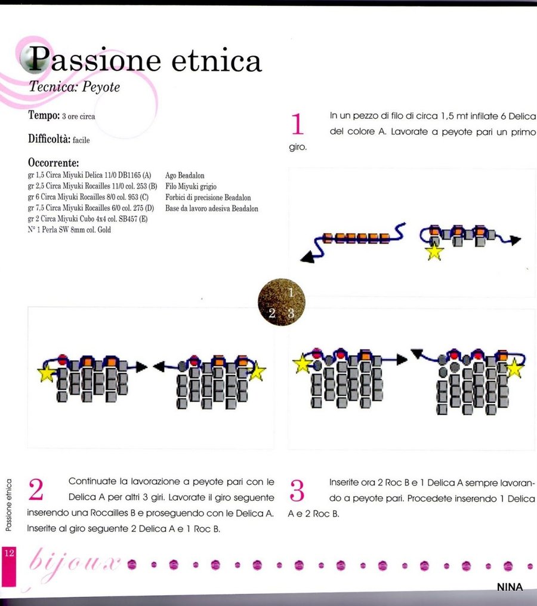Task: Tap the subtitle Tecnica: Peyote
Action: tap(75, 87)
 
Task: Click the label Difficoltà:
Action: tap(50, 139)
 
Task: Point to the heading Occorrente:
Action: tap(54, 162)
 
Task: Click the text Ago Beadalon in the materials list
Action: tap(185, 176)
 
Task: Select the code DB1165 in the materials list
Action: tap(129, 176)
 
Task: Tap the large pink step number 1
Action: tap(297, 125)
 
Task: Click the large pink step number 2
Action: tap(36, 490)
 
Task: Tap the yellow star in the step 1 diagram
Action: tap(434, 252)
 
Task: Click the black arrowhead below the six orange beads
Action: tap(308, 258)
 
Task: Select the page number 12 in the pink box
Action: tap(9, 553)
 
